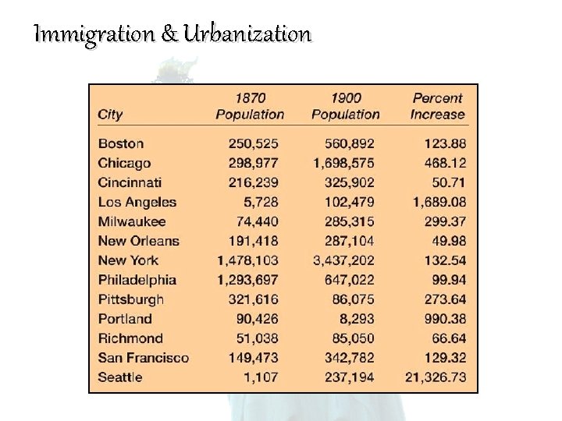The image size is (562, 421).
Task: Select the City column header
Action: pyautogui.click(x=110, y=115)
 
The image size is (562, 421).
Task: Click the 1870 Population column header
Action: pyautogui.click(x=250, y=106)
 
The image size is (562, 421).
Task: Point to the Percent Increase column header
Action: pyautogui.click(x=437, y=106)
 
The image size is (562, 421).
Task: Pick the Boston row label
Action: pyautogui.click(x=121, y=143)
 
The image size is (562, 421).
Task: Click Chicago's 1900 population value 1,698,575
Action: pyautogui.click(x=343, y=163)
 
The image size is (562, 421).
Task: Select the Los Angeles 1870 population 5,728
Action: pyautogui.click(x=260, y=202)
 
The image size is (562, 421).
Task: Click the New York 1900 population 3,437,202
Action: pyautogui.click(x=343, y=260)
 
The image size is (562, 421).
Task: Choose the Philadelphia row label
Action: pyautogui.click(x=137, y=280)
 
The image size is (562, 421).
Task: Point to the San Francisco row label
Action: pyautogui.click(x=144, y=358)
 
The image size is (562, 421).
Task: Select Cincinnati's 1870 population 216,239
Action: pyautogui.click(x=253, y=182)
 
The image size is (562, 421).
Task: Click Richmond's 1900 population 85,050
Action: pyautogui.click(x=350, y=338)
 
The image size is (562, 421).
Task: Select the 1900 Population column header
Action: pyautogui.click(x=346, y=106)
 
